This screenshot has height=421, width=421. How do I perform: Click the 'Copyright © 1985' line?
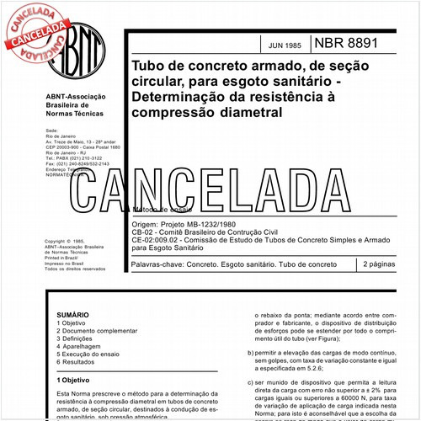click(67, 241)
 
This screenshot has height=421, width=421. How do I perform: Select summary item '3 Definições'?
click(77, 337)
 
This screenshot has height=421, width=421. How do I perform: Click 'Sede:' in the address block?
click(52, 131)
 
